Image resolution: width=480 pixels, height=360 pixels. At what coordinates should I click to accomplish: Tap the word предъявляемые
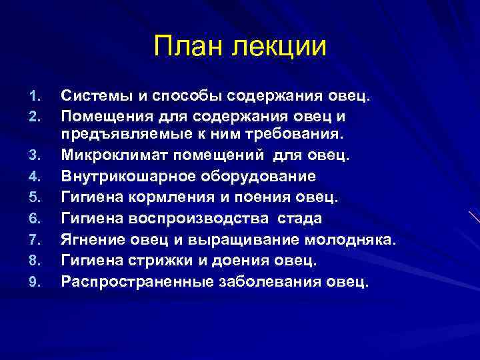[x=121, y=135]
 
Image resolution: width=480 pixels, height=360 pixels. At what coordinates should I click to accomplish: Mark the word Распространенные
[x=137, y=281]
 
